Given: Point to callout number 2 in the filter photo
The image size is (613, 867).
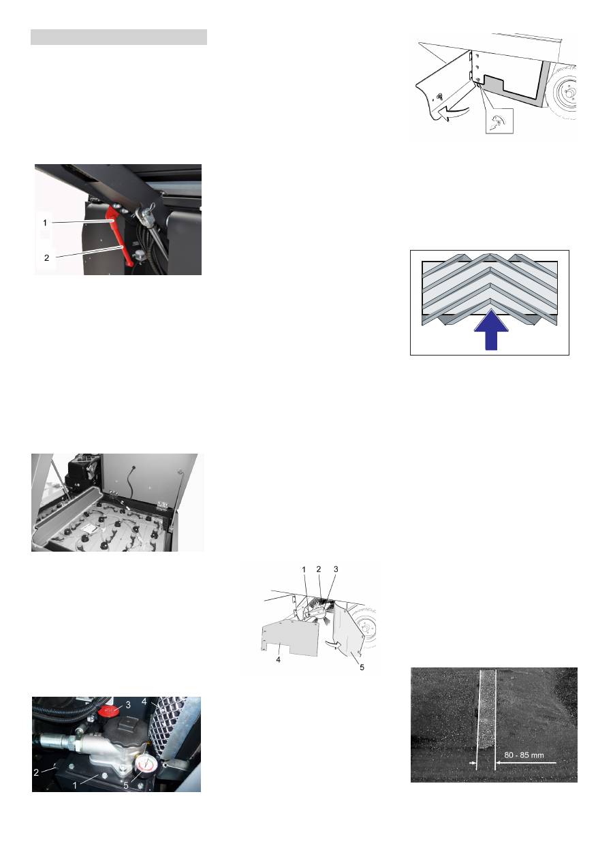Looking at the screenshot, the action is [x=36, y=772].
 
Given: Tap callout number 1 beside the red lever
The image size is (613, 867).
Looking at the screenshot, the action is [x=45, y=223].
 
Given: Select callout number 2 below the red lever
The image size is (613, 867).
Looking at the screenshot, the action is [x=46, y=257].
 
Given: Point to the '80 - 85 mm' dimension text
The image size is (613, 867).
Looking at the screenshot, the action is [x=524, y=755].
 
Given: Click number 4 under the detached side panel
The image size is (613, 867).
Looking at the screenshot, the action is [x=279, y=659].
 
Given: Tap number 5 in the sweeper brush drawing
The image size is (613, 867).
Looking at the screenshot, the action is [x=362, y=667].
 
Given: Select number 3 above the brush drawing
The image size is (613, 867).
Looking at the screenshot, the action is [x=336, y=569].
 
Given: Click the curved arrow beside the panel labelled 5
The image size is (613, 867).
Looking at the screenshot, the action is [x=334, y=644].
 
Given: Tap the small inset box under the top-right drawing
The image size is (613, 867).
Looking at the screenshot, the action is [x=499, y=121].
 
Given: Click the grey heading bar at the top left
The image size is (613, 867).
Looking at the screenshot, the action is [x=119, y=37].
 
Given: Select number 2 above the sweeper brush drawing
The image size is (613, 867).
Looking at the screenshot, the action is [x=319, y=569].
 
